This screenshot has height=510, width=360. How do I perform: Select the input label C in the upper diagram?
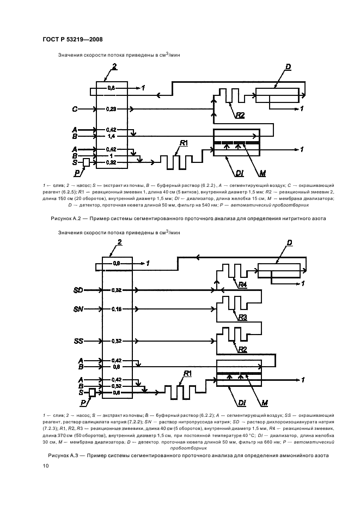click(x=75, y=109)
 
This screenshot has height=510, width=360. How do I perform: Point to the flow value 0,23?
click(x=111, y=109)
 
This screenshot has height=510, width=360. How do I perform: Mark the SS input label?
click(x=77, y=341)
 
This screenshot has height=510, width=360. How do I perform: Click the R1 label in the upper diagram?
click(x=184, y=143)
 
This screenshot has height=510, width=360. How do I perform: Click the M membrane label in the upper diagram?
click(x=263, y=173)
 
